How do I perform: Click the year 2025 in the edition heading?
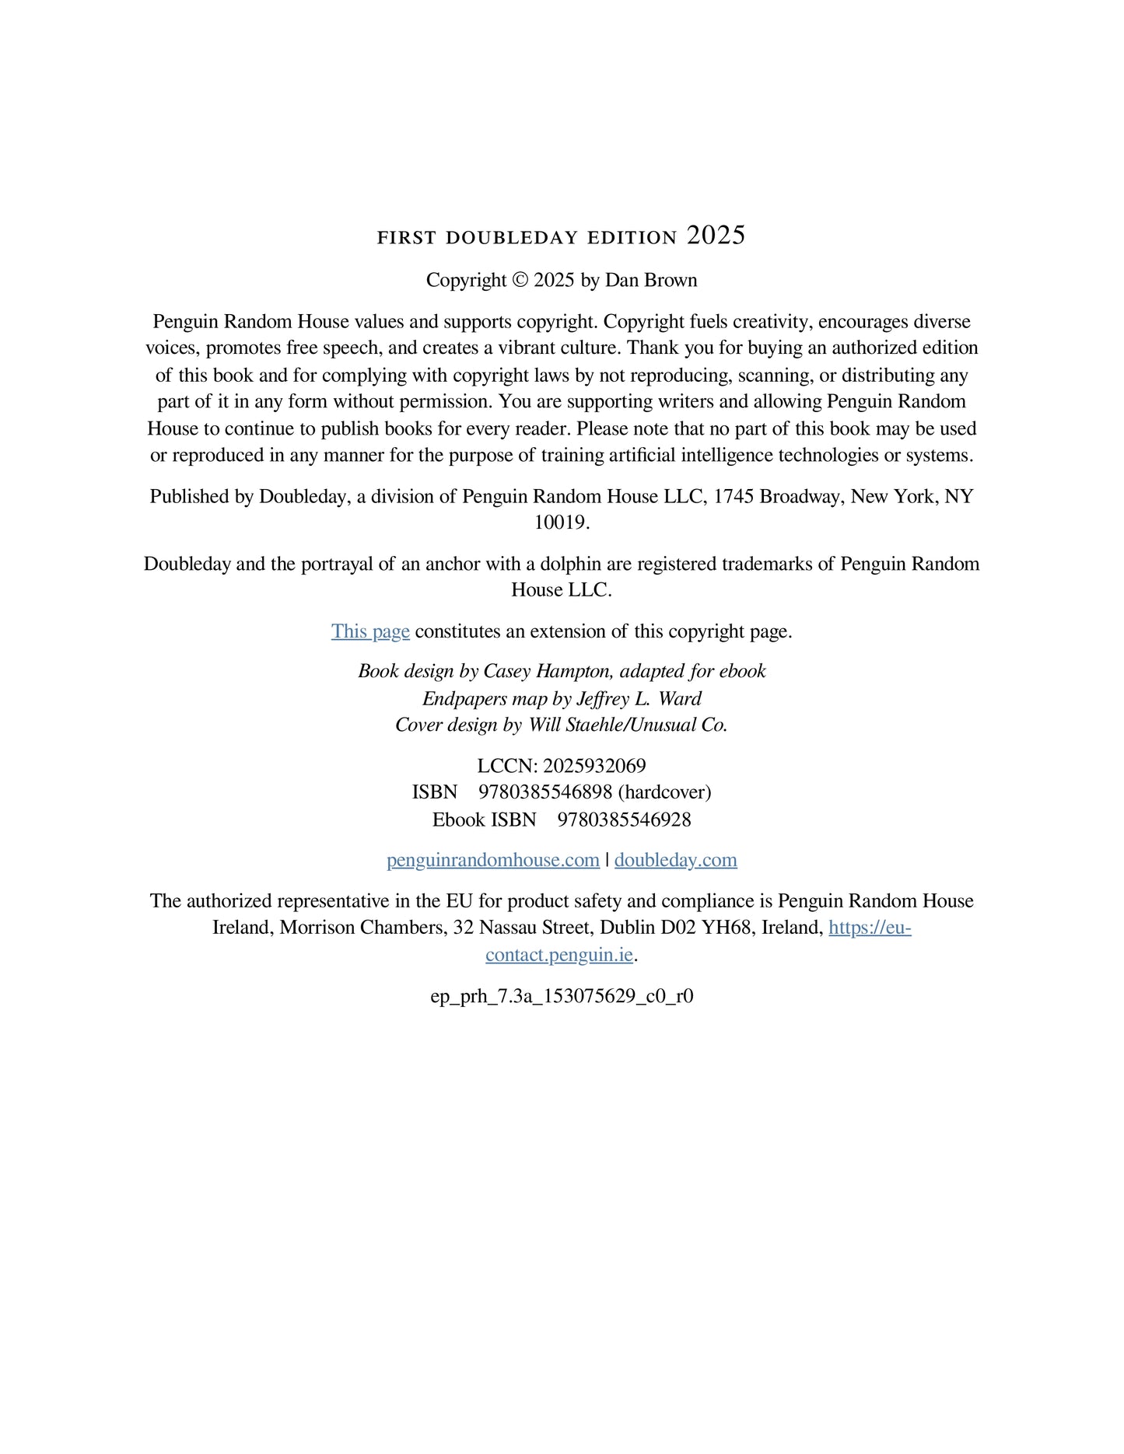pos(716,236)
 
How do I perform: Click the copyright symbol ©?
pos(520,281)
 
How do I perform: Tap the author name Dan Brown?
pos(651,281)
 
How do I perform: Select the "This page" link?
pos(370,631)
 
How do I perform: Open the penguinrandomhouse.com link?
pos(493,860)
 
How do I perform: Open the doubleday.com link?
pos(675,860)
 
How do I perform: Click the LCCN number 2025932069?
pos(594,766)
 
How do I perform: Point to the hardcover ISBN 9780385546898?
pos(545,792)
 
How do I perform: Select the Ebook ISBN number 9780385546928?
pos(624,820)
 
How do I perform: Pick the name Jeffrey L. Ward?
pos(639,698)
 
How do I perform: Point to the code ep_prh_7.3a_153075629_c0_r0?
pos(562,996)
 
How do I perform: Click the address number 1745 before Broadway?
pos(733,496)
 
